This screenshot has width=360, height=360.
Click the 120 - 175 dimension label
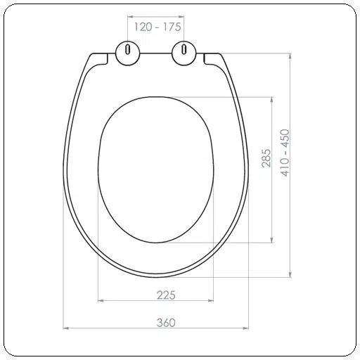pos(157,27)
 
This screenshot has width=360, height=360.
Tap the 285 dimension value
pos(266,158)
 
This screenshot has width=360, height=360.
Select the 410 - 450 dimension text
pos(285,153)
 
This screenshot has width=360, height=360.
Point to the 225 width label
pos(166,295)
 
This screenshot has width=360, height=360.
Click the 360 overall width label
pos(166,323)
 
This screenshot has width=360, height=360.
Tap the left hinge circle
pos(128,53)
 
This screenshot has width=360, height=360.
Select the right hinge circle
pos(184,53)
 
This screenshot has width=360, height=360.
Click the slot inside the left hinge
pos(127,49)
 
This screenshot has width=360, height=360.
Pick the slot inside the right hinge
pos(184,49)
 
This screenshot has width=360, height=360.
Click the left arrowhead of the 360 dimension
pos(66,328)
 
